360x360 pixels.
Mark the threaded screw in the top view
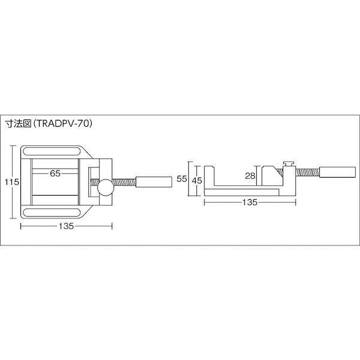(124, 181)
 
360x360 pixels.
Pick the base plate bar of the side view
(244, 192)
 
